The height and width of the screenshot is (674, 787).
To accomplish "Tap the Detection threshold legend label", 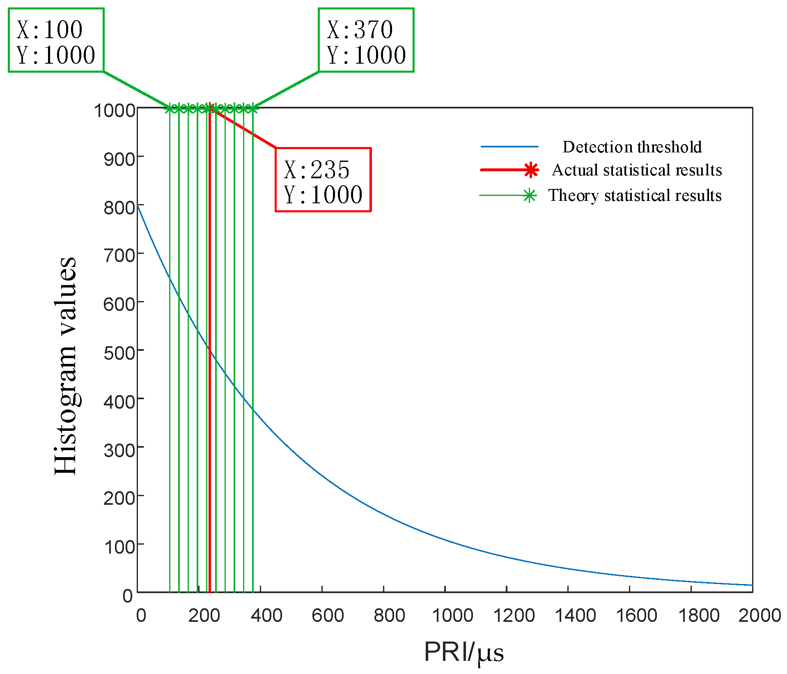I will click(632, 147).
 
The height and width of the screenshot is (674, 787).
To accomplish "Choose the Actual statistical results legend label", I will click(637, 170).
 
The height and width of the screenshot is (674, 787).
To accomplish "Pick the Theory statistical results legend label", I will click(635, 196).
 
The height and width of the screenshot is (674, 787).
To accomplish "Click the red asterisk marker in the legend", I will click(531, 170).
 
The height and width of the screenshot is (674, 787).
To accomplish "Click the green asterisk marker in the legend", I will click(530, 196).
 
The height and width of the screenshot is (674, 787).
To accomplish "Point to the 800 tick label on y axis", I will click(119, 208).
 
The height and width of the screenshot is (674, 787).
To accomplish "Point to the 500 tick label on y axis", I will click(119, 353).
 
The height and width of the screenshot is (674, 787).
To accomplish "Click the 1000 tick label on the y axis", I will click(115, 111).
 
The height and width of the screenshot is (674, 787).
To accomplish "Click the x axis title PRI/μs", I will click(463, 652).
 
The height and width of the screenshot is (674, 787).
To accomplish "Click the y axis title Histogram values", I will click(66, 366).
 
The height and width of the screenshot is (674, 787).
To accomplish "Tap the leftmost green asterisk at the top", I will click(169, 109).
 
